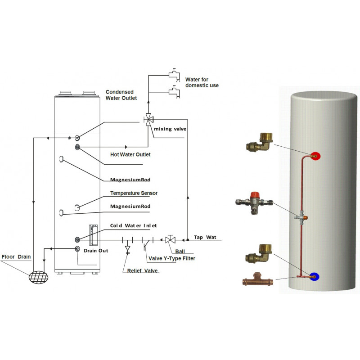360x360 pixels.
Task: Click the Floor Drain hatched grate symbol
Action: coord(39,277)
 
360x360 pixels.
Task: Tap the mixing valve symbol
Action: coord(148,119)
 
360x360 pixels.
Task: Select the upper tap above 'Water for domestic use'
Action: coord(174,75)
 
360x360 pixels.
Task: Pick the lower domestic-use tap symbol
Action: coord(174,92)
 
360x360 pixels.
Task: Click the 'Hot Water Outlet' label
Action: coord(130,154)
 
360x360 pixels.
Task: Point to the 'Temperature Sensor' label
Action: coord(134,193)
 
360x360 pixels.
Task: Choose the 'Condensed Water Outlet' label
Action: coord(121,95)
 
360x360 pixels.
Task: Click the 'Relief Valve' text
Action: coord(142,271)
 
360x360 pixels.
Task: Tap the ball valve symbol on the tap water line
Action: coord(171,240)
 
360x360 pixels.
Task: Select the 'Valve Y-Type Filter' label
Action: coord(172,258)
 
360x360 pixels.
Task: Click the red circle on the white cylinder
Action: coord(315,156)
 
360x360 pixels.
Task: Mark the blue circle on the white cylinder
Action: coord(314,277)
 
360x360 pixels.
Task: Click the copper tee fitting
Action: coord(258,279)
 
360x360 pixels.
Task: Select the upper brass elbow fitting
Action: coord(260,142)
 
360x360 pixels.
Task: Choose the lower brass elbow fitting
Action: coord(259,253)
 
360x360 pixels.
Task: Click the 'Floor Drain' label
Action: coord(16,256)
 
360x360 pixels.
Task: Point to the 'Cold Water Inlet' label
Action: coord(133,226)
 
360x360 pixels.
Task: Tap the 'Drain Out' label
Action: coord(96,251)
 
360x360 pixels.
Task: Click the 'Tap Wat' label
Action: coord(205,237)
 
